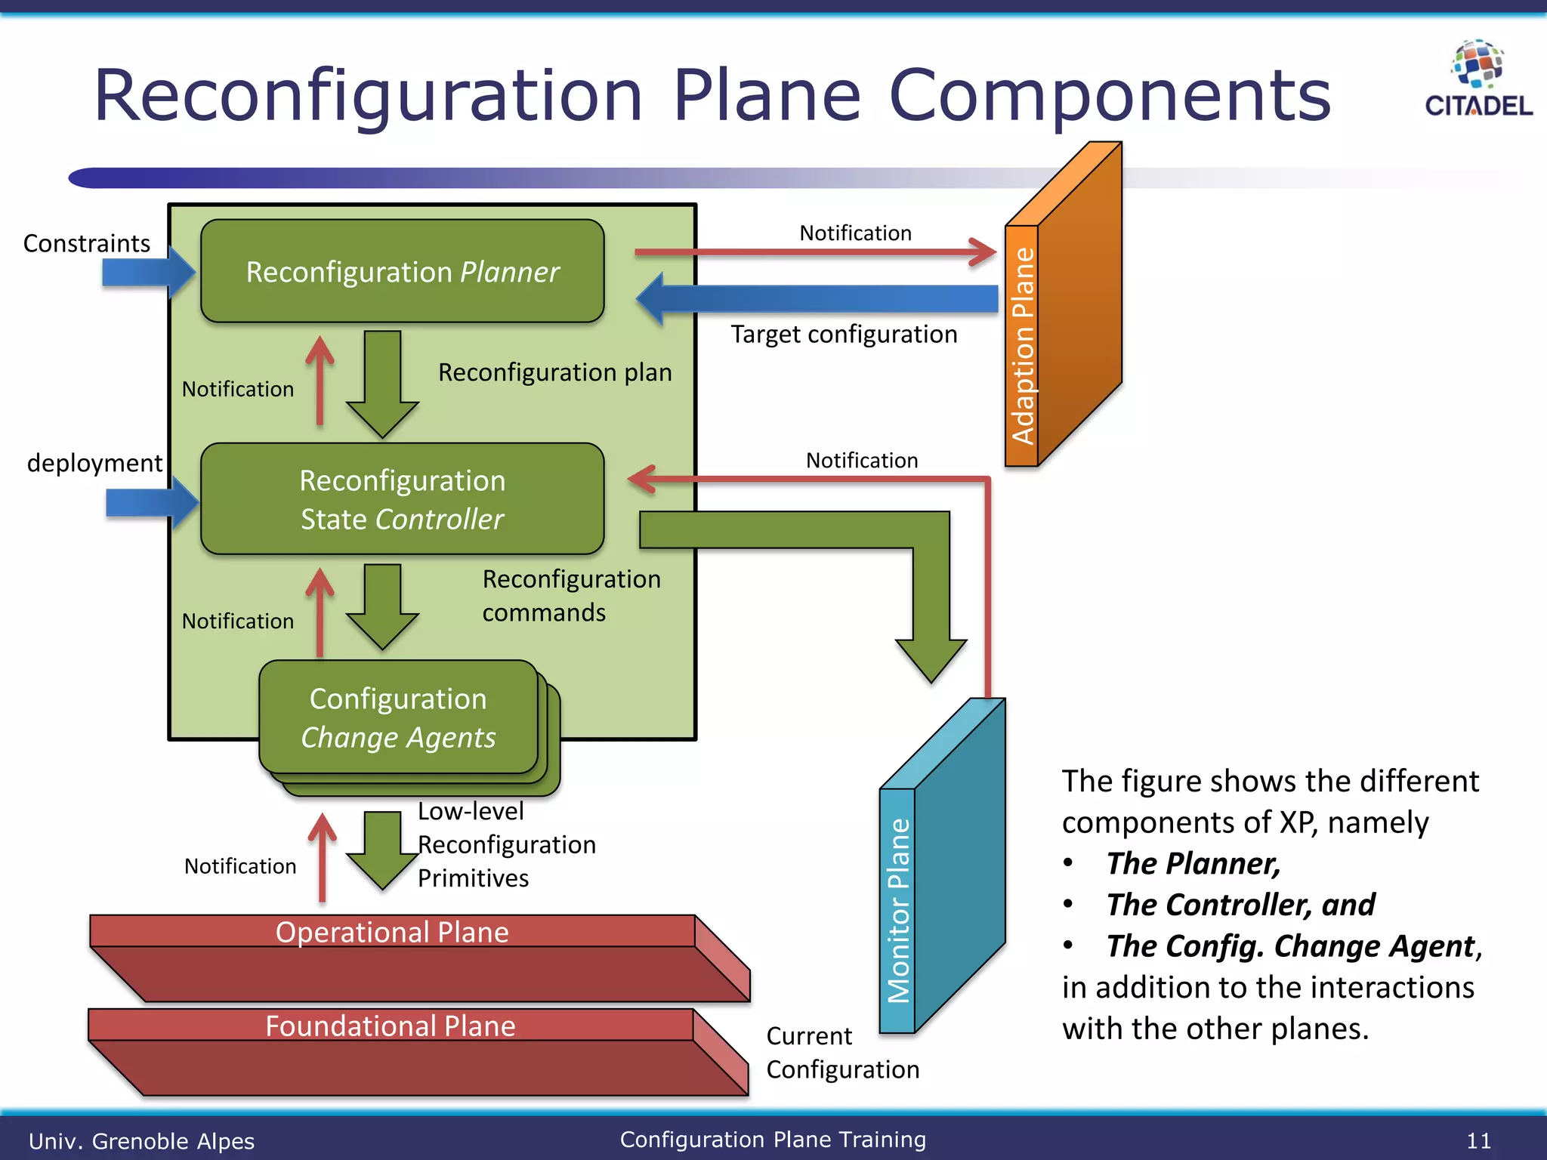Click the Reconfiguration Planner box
402,272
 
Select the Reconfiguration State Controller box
402,499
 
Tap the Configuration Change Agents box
398,717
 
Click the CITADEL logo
1478,80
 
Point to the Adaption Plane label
1023,346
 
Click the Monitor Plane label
898,910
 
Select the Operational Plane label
392,932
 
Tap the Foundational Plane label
391,1026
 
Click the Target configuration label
844,334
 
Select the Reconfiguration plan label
554,372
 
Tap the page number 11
1478,1140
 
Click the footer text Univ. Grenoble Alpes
141,1140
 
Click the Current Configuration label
842,1053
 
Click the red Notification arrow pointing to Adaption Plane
816,252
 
